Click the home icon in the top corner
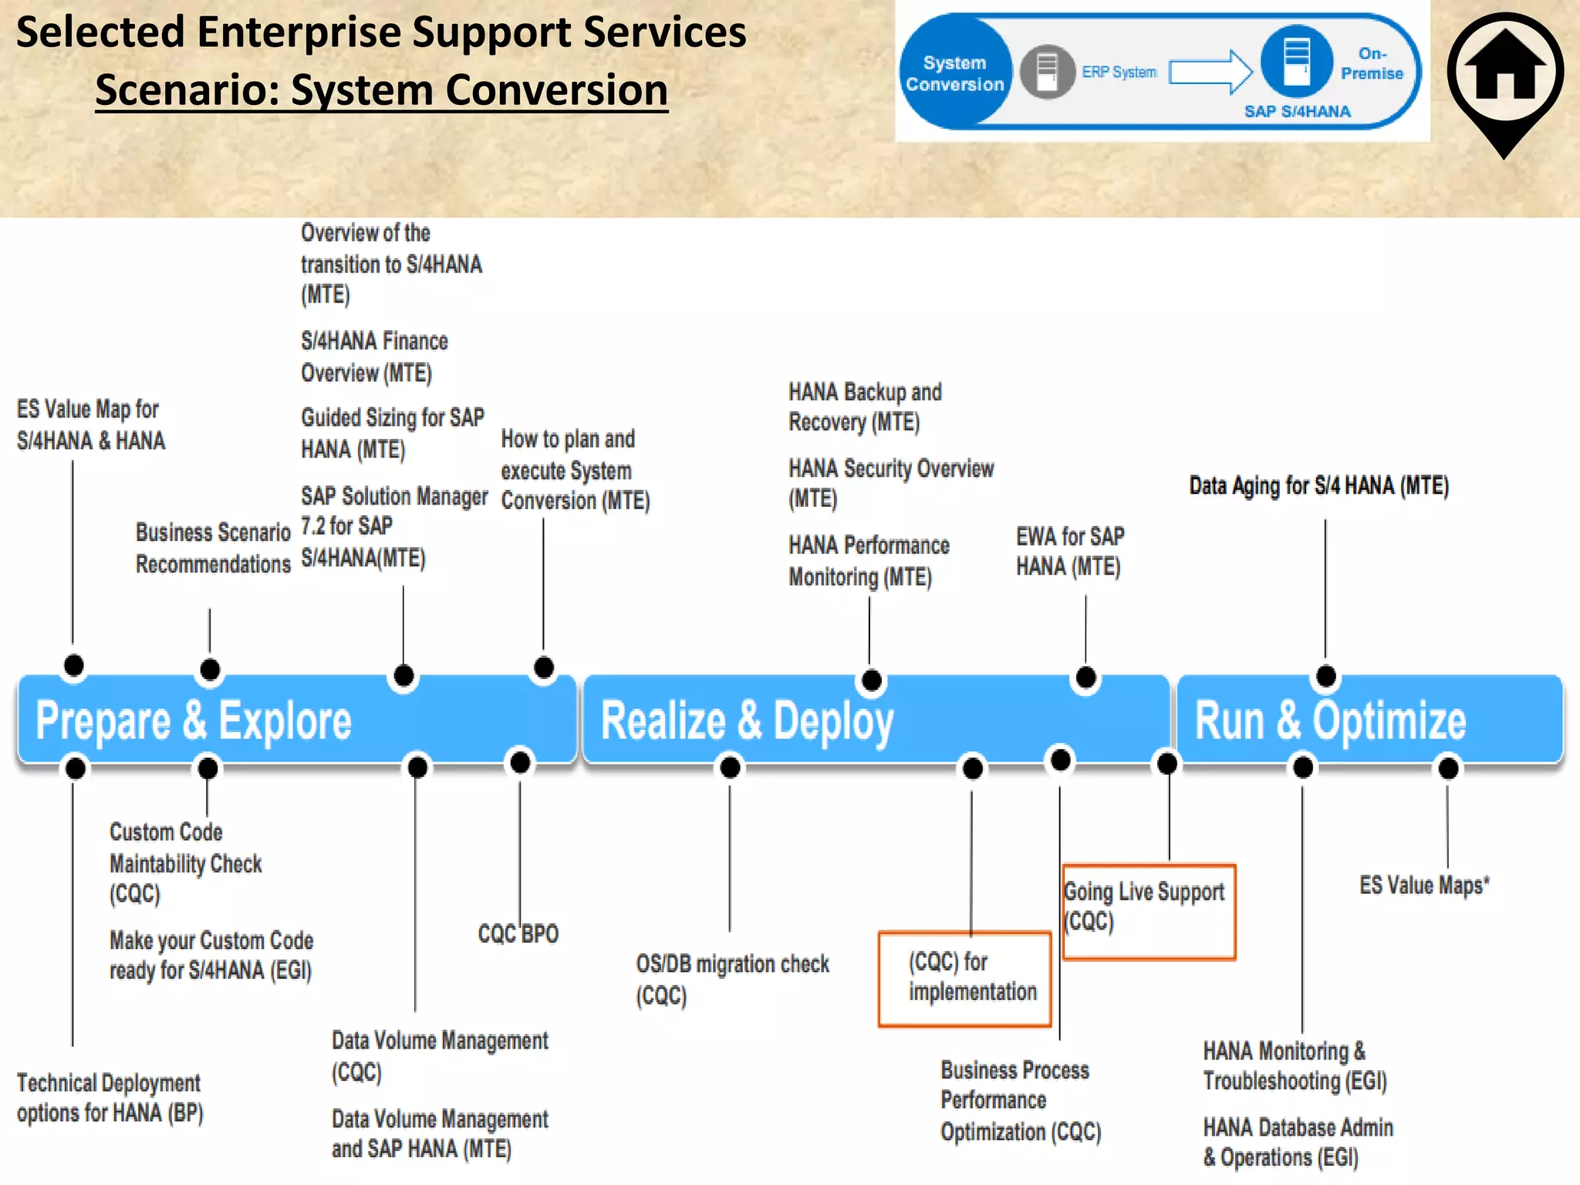(x=1505, y=73)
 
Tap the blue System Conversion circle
(x=954, y=73)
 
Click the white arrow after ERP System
(x=1210, y=73)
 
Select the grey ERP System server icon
(x=1047, y=72)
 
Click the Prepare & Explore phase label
(x=194, y=721)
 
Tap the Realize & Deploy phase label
(x=747, y=721)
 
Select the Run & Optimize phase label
(x=1330, y=721)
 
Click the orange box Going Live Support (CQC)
(x=1148, y=911)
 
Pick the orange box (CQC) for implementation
(x=964, y=978)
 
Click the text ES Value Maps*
(x=1423, y=885)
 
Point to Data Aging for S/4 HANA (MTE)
(x=1318, y=486)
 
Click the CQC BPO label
(x=518, y=934)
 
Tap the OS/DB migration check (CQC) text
(x=731, y=979)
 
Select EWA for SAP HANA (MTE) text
(x=1069, y=552)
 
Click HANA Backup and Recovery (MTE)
(x=864, y=407)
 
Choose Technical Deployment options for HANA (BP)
(x=109, y=1098)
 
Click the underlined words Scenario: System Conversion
(x=381, y=90)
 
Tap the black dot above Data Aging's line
(x=1325, y=677)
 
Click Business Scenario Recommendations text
(x=213, y=548)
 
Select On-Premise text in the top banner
(x=1371, y=63)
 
